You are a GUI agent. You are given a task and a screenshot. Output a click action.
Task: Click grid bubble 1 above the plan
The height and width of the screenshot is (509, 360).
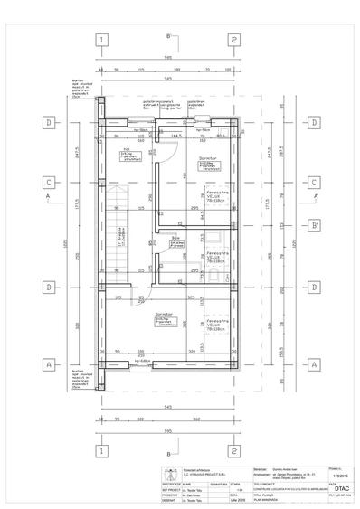pos(103,40)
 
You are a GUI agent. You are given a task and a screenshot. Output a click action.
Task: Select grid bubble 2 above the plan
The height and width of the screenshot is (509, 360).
pos(233,40)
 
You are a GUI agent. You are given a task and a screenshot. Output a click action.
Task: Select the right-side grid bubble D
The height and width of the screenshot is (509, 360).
pos(313,122)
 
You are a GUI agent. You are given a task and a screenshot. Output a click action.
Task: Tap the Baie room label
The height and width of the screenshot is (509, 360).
pos(176,240)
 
